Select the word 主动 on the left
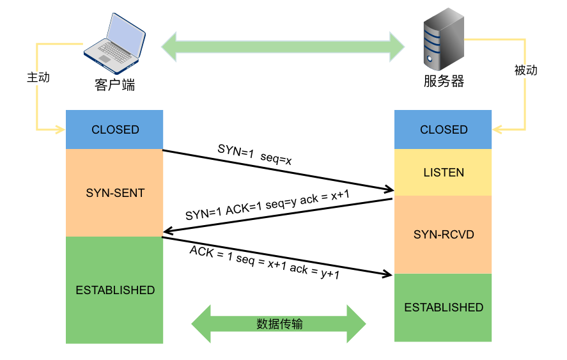pos(38,77)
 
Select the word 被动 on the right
pos(525,70)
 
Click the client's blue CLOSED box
pos(115,129)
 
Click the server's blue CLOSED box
pos(444,130)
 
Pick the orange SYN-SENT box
pos(115,192)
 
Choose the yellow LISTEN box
pos(444,173)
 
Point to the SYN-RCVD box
pos(444,235)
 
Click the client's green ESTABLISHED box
pos(115,290)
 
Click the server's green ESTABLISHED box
pos(444,308)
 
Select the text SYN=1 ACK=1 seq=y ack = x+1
pos(267,206)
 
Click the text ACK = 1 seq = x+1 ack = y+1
pos(264,262)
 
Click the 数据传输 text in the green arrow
pos(279,324)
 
